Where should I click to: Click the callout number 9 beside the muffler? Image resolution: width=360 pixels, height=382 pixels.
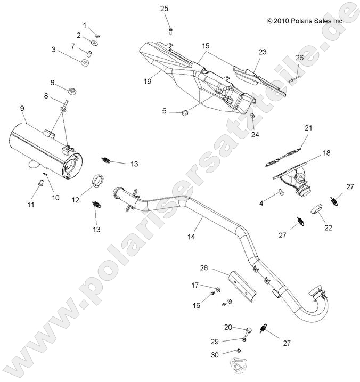tap(22, 108)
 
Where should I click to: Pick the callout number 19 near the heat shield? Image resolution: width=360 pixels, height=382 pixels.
tap(148, 81)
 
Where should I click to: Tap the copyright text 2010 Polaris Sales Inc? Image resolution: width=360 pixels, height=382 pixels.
tap(305, 21)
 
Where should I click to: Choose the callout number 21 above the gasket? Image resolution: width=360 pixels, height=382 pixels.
tap(308, 128)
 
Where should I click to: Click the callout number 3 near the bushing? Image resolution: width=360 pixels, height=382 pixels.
tap(54, 50)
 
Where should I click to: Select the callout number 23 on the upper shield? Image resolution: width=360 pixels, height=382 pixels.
tap(262, 52)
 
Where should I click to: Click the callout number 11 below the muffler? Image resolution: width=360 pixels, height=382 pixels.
tap(30, 205)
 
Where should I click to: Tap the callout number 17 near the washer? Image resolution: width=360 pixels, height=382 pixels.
tap(195, 285)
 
